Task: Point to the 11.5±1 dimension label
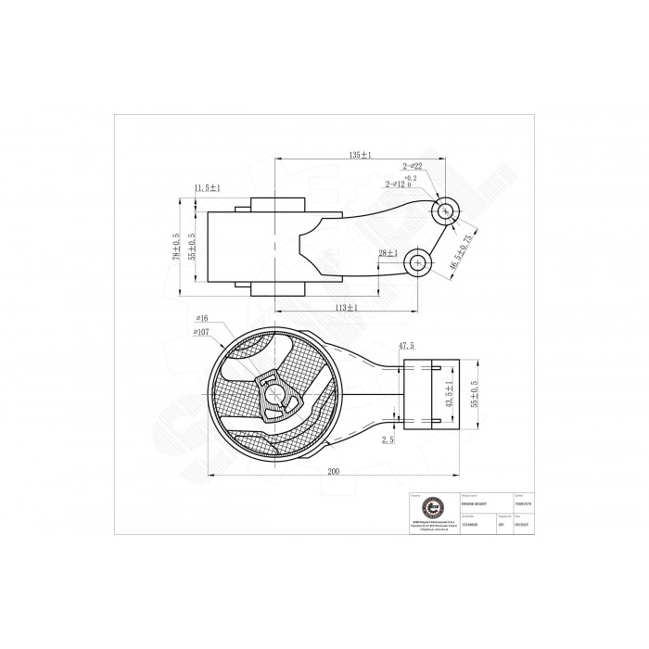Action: coord(208,188)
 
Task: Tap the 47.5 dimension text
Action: coord(406,346)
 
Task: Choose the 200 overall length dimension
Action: coord(333,471)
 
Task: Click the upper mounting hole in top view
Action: coord(446,210)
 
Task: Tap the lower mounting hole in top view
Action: coord(418,262)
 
